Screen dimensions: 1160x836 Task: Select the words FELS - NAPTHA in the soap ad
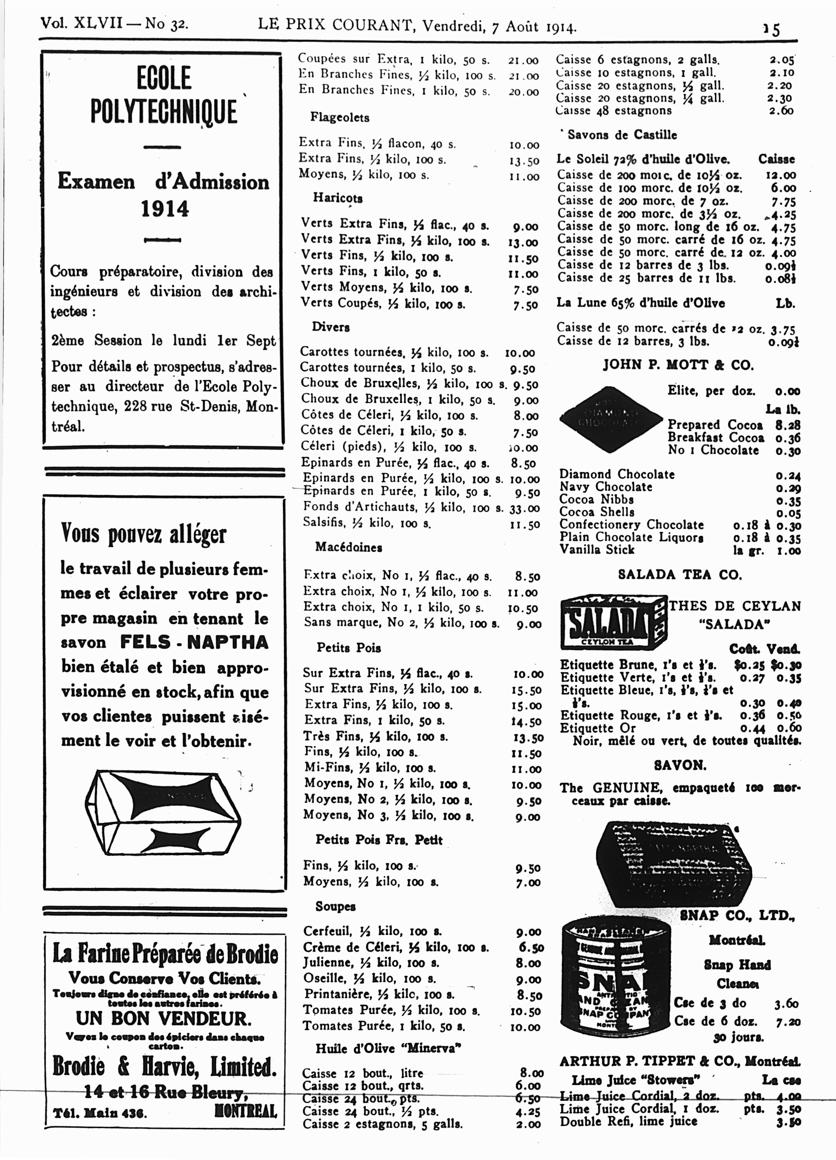pyautogui.click(x=194, y=642)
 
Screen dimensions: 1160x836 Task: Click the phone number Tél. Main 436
pyautogui.click(x=100, y=1113)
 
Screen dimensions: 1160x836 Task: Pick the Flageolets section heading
pyautogui.click(x=339, y=117)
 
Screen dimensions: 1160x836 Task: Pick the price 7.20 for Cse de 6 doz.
pyautogui.click(x=787, y=1022)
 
